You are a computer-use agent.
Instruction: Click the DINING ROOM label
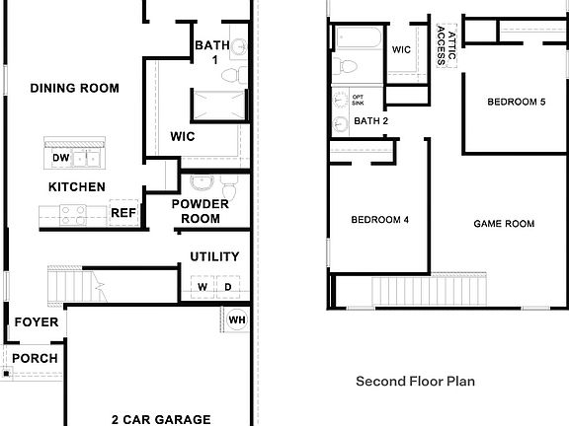pos(74,89)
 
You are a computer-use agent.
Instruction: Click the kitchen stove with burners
pos(72,213)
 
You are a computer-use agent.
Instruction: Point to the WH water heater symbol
pos(236,319)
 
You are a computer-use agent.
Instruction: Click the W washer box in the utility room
pos(203,287)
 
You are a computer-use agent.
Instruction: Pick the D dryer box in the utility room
pos(227,287)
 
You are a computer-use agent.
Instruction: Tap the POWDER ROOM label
pos(201,211)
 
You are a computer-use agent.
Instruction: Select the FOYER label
pos(36,322)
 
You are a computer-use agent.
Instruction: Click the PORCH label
pos(35,358)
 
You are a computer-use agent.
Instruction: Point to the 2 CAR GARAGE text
pos(160,419)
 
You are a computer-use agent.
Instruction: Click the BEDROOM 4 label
pos(379,220)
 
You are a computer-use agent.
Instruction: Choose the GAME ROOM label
pos(504,224)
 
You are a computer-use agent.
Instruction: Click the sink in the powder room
pos(202,183)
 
